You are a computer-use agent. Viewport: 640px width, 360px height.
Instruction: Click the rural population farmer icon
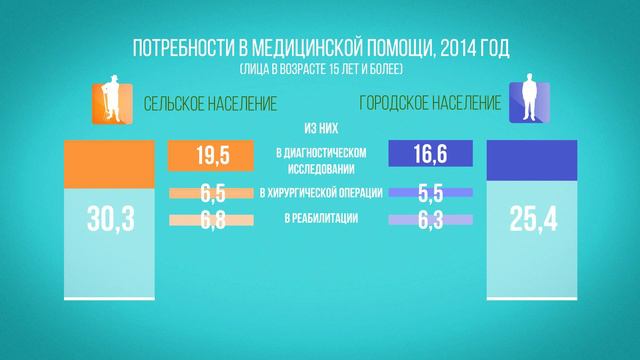pos(109,101)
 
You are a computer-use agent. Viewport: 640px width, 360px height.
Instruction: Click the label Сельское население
pos(210,103)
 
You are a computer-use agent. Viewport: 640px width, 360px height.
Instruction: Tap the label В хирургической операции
pos(319,194)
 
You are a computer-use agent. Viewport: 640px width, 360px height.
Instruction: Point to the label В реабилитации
pos(319,219)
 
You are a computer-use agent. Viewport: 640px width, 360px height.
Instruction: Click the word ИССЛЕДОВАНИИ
pos(319,165)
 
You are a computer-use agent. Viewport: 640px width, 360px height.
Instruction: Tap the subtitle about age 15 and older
pos(319,70)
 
